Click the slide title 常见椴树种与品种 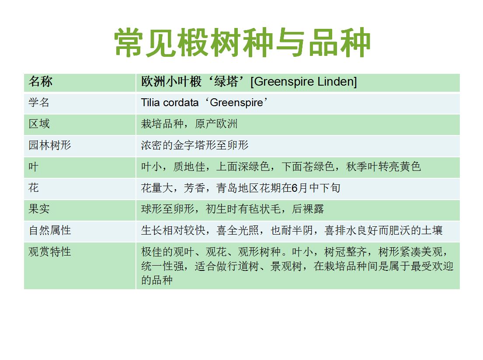click(242, 42)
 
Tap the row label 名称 click(40, 82)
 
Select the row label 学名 click(39, 103)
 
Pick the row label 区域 click(39, 124)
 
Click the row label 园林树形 click(49, 145)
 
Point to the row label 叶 click(34, 166)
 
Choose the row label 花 click(34, 187)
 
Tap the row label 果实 click(39, 209)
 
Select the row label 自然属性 click(49, 230)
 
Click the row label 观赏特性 click(49, 252)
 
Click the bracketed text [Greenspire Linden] click(304, 82)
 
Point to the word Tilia click(151, 103)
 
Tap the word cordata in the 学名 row click(181, 103)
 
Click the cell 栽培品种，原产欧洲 click(189, 124)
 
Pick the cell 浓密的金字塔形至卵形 click(195, 145)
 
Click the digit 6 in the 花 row click(295, 188)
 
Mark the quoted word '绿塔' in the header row click(226, 82)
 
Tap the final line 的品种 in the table click(157, 280)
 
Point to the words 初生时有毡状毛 click(243, 209)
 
